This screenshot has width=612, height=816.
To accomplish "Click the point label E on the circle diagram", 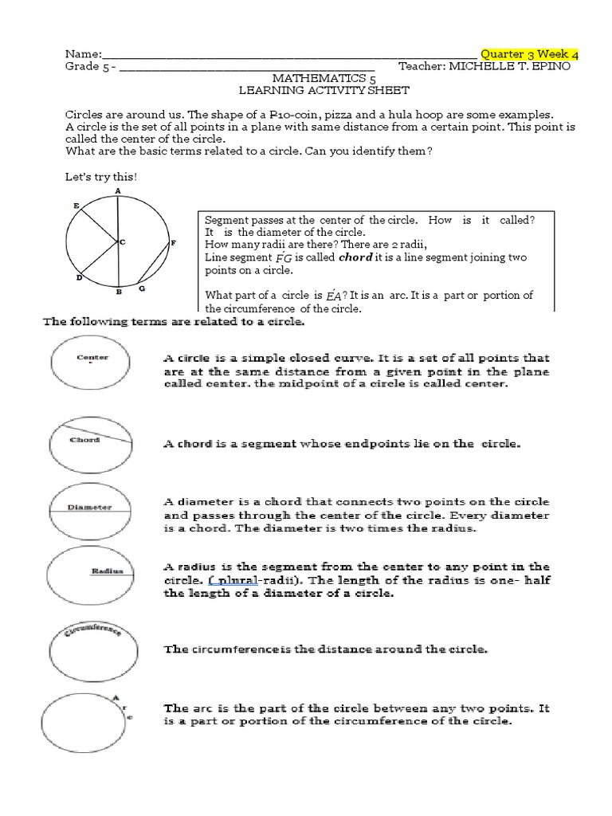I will (76, 206).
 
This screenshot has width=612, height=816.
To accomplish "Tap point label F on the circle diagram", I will (173, 241).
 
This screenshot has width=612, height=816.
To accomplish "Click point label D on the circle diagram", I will (79, 277).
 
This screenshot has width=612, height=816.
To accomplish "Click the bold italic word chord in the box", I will (355, 258).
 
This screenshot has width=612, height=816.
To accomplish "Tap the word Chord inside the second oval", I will (84, 439).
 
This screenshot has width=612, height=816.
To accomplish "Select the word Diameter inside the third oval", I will (88, 507).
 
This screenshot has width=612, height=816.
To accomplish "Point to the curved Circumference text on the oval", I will (88, 630).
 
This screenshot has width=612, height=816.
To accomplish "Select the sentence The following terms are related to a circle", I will (173, 322).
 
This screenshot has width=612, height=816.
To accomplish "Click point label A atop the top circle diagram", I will (118, 191).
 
